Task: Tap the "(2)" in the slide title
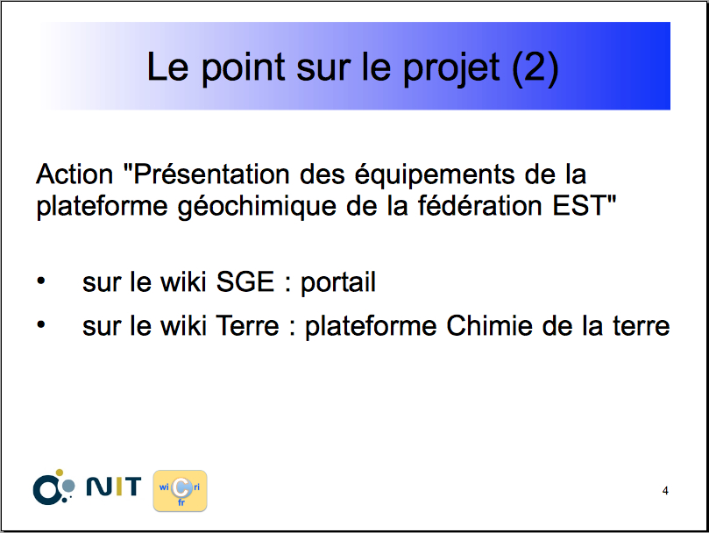[535, 68]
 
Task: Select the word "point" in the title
[243, 68]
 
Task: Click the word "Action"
[74, 174]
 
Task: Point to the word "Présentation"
[207, 174]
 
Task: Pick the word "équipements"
[434, 175]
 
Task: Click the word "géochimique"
[257, 207]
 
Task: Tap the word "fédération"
[479, 205]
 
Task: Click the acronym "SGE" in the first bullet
[245, 282]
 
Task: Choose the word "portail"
[338, 283]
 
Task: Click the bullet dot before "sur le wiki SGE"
[41, 281]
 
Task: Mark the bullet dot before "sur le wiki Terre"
[41, 324]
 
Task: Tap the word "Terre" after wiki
[247, 326]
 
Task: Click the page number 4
[665, 491]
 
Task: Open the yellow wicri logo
[180, 491]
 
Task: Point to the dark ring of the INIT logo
[36, 490]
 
